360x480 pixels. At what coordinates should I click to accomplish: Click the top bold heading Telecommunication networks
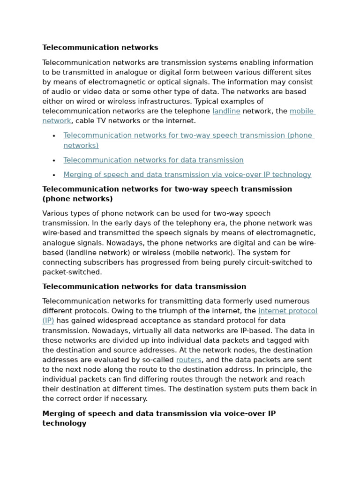click(100, 48)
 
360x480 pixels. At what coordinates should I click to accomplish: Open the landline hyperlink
click(226, 111)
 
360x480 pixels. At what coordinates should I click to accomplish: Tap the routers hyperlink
click(188, 360)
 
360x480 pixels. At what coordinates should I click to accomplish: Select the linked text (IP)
click(48, 321)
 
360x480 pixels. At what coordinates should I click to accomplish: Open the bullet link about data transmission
click(153, 160)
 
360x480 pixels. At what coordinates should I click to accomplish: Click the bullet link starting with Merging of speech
click(187, 175)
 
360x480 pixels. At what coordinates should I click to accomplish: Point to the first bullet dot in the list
click(54, 136)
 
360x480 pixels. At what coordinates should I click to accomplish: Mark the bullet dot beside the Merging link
click(54, 175)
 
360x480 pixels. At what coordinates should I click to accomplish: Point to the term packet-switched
click(72, 272)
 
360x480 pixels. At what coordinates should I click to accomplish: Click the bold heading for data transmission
click(144, 287)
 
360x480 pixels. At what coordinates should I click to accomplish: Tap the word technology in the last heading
click(64, 423)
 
